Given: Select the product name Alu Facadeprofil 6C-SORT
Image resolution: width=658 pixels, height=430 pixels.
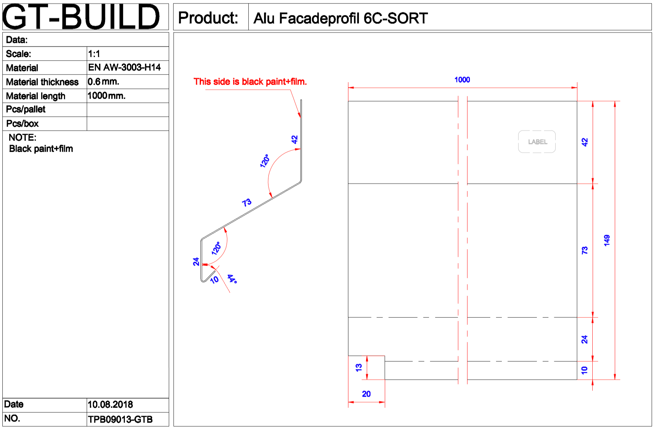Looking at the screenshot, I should tap(341, 18).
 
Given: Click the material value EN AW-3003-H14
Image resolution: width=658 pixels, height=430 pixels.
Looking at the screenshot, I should tap(124, 67).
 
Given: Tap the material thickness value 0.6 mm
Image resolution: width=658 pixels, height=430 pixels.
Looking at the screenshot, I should tap(103, 82).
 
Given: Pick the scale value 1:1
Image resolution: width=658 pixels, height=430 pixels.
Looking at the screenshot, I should tap(94, 54).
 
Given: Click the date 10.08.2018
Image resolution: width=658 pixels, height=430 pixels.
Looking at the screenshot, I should tap(110, 404).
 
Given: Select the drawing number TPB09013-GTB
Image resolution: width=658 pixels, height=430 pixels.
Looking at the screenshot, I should tap(120, 419).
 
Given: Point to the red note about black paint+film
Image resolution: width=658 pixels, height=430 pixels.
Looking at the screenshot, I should tap(250, 82).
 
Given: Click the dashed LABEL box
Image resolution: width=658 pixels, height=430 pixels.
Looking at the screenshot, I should tap(537, 142).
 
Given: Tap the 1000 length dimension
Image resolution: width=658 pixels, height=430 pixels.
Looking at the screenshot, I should tap(462, 80).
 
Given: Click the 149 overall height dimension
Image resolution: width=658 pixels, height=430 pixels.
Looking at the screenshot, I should tap(607, 240).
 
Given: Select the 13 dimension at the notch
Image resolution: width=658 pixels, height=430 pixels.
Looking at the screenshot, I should tap(359, 367).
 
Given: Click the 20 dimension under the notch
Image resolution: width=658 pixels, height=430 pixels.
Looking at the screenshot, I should tap(366, 394).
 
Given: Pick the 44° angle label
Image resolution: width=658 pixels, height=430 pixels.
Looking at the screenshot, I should tap(232, 279).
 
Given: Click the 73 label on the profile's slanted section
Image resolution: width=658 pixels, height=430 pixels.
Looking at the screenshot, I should tap(247, 203).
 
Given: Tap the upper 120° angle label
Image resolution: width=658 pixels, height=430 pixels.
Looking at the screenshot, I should tap(264, 161).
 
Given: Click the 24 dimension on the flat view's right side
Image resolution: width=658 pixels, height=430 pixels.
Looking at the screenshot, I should tap(585, 339).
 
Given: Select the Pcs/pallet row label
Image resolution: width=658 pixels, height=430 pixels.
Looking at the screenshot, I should tap(26, 110).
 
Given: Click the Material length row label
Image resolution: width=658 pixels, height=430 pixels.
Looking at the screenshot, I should tap(36, 96).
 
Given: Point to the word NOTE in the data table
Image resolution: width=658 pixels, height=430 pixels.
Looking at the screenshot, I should tap(22, 137).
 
